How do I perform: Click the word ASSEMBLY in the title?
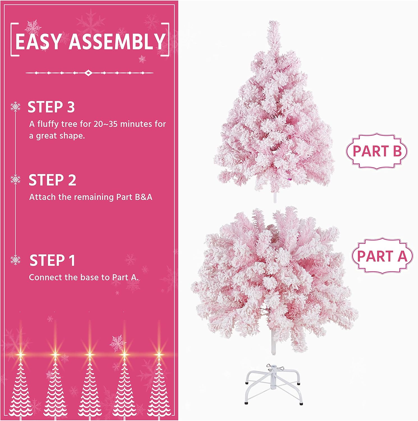click(x=117, y=41)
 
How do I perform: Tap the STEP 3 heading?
click(x=51, y=107)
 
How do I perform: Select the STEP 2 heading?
click(x=52, y=180)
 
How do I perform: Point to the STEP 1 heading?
click(x=52, y=260)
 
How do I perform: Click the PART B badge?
click(x=377, y=151)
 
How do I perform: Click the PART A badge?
click(x=382, y=256)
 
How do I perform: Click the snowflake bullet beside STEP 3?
click(x=15, y=107)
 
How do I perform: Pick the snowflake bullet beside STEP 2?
click(x=15, y=179)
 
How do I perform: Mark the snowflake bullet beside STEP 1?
click(x=15, y=260)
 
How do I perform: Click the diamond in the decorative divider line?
click(x=89, y=73)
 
